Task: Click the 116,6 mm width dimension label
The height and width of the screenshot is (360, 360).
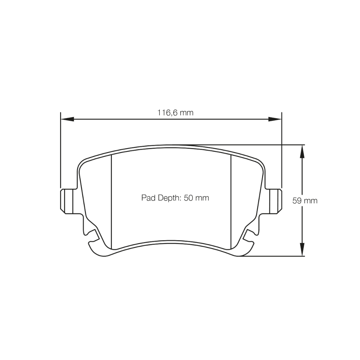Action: [175, 113]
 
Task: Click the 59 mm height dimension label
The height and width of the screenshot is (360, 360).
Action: [305, 201]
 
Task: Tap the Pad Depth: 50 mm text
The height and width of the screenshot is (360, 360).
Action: [175, 198]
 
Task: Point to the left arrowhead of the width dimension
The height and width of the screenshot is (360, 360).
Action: [67, 119]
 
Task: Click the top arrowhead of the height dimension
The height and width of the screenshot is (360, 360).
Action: [301, 151]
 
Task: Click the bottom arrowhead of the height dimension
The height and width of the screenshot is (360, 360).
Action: [301, 250]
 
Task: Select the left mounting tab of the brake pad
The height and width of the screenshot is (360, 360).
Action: [67, 201]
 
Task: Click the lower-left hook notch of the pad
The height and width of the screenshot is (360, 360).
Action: [92, 237]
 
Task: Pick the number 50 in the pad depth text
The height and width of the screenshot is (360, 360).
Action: [188, 198]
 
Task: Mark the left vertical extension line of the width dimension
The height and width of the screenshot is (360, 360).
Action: [60, 151]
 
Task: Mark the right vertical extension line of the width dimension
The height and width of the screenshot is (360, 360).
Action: [282, 151]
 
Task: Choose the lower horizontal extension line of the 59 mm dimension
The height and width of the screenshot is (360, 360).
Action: [274, 256]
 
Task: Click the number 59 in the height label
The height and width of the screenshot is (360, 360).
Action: [297, 201]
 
